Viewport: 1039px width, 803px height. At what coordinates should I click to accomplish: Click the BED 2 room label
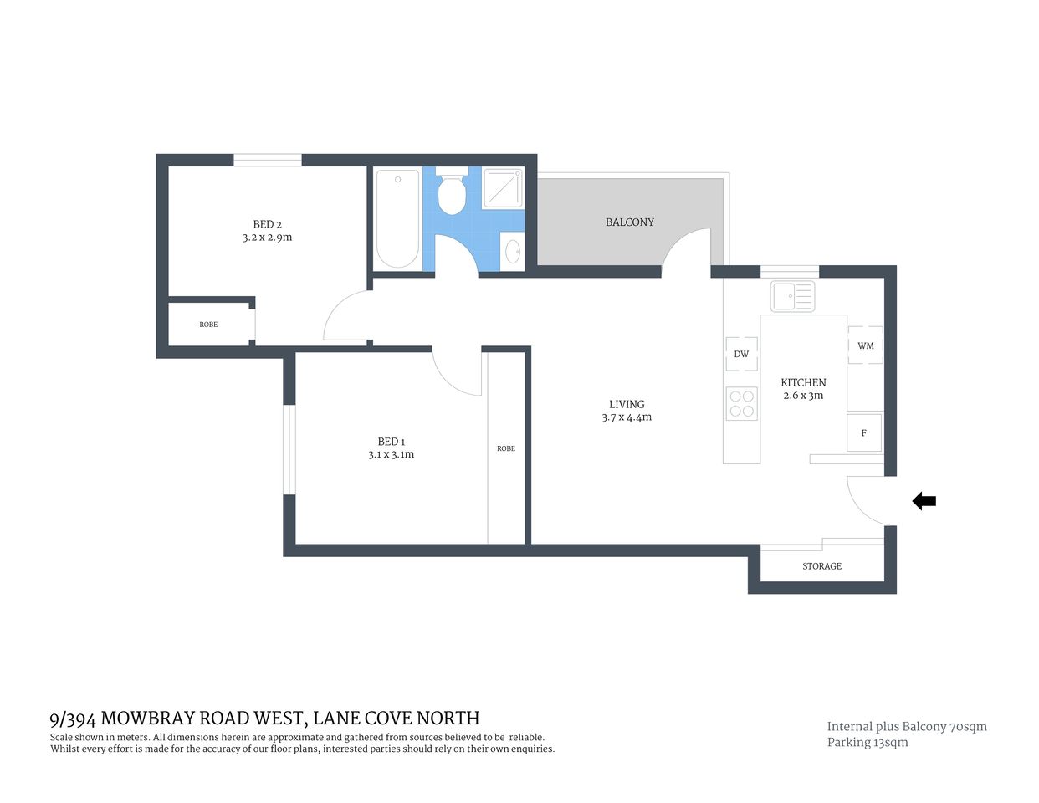pyautogui.click(x=267, y=224)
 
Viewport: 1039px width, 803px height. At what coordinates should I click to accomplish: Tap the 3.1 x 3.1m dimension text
pyautogui.click(x=391, y=455)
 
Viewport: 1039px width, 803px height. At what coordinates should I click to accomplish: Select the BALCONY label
pyautogui.click(x=630, y=222)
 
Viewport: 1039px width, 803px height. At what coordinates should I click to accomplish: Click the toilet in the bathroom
pyautogui.click(x=453, y=194)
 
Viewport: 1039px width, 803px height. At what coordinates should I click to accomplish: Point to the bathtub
pyautogui.click(x=397, y=218)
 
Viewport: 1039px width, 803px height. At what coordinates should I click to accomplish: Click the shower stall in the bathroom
pyautogui.click(x=503, y=187)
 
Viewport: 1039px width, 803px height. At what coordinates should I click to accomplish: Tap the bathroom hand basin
pyautogui.click(x=512, y=251)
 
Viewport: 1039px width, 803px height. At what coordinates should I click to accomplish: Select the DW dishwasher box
pyautogui.click(x=741, y=354)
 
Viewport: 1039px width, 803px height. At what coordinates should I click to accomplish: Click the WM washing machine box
pyautogui.click(x=866, y=345)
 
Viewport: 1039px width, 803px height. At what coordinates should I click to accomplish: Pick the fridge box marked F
pyautogui.click(x=864, y=433)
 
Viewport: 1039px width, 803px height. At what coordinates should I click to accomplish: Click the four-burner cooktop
pyautogui.click(x=742, y=403)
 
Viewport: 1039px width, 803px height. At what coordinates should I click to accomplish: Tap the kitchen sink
pyautogui.click(x=792, y=296)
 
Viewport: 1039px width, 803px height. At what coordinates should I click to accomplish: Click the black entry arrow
pyautogui.click(x=924, y=501)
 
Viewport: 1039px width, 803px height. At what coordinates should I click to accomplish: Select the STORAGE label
pyautogui.click(x=821, y=566)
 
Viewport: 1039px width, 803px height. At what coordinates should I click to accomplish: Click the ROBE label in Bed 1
pyautogui.click(x=506, y=448)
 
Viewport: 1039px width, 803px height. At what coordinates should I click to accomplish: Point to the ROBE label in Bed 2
pyautogui.click(x=208, y=325)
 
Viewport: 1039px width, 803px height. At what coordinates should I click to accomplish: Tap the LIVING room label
pyautogui.click(x=627, y=404)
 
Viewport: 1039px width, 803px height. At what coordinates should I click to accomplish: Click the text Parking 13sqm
pyautogui.click(x=868, y=743)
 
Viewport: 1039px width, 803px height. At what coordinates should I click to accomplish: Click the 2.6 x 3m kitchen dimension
pyautogui.click(x=803, y=396)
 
